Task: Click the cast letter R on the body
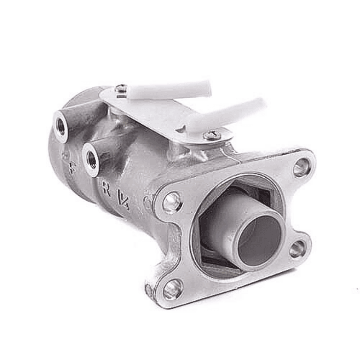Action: (106, 189)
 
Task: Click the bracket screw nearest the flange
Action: (213, 135)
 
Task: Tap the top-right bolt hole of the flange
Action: (301, 168)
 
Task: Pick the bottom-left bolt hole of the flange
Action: (172, 289)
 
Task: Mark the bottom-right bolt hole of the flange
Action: (296, 248)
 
